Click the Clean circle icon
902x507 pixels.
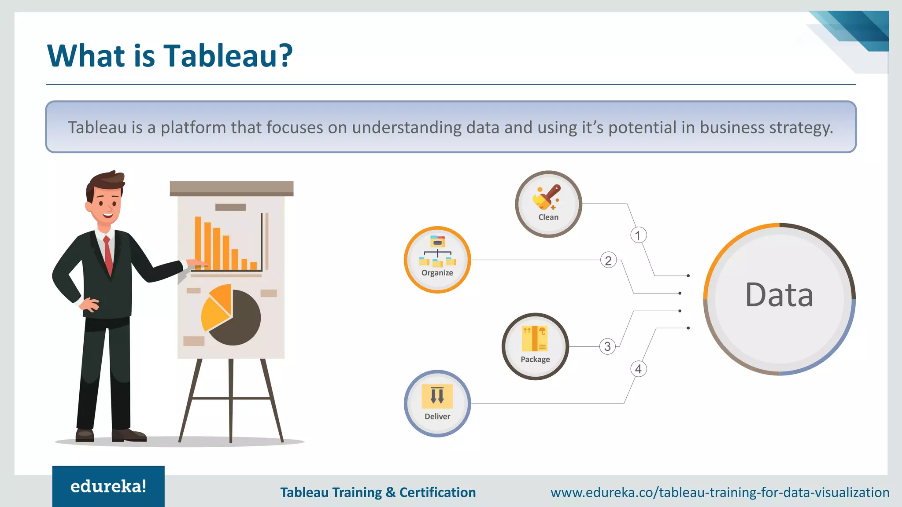tap(548, 204)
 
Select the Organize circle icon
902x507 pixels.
tap(437, 260)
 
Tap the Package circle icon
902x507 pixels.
tap(535, 346)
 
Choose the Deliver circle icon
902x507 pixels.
tap(437, 403)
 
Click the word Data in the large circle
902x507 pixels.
tap(779, 295)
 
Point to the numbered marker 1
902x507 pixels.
tap(638, 235)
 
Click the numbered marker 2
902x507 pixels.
tap(608, 261)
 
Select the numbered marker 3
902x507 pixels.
tap(607, 346)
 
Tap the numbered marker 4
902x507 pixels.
tap(638, 369)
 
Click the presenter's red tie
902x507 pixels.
tap(108, 255)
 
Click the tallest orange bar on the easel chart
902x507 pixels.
tap(198, 242)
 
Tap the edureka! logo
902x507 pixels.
tap(108, 486)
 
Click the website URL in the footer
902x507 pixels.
tap(720, 492)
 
